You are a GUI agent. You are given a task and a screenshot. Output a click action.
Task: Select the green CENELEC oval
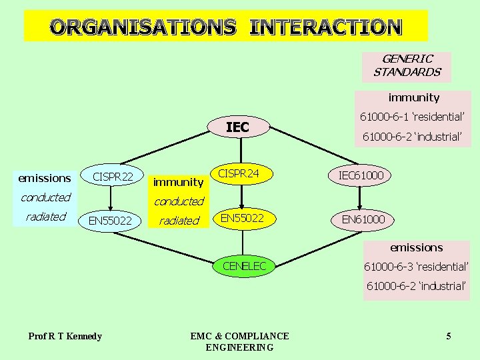pos(244,266)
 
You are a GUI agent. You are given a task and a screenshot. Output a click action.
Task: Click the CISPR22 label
pos(113,177)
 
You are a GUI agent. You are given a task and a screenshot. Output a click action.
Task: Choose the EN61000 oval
pos(363,219)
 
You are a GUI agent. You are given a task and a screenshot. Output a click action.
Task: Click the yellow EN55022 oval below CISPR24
pos(242,217)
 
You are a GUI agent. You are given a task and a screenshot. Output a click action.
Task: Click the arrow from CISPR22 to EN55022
pos(111,199)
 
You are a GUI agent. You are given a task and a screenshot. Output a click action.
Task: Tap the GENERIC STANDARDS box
pos(407,66)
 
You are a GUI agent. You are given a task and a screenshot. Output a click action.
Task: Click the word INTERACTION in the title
pos(326,27)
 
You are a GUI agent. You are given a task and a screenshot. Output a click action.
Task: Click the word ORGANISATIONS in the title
pos(143,27)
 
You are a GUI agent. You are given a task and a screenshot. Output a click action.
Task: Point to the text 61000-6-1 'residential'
pos(412,117)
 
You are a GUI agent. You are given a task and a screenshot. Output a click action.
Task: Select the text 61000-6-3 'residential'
pos(416,267)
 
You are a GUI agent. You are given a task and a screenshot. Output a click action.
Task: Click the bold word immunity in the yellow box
pos(178,181)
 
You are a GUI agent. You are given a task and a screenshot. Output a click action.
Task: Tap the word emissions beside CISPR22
pos(45,178)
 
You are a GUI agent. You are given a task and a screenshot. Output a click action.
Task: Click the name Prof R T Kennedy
pos(65,336)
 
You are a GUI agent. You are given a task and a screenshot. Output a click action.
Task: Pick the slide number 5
pos(449,336)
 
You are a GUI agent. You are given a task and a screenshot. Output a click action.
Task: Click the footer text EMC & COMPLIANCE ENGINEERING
pos(239,341)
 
